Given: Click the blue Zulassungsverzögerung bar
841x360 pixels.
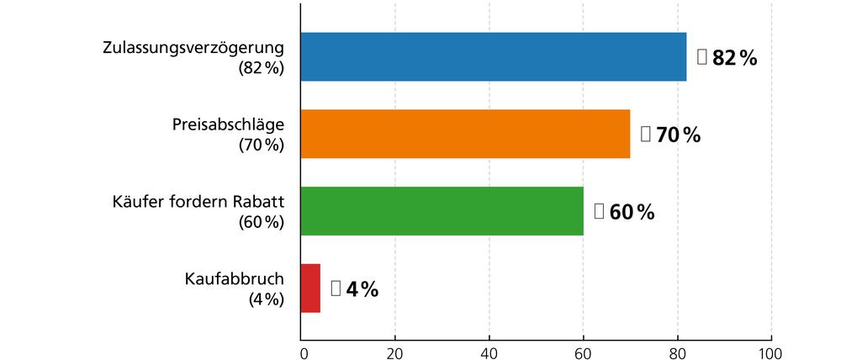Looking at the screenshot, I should [494, 56].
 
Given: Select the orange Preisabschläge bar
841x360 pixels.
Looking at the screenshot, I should [465, 134].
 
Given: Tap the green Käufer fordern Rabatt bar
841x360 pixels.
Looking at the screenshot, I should [442, 211].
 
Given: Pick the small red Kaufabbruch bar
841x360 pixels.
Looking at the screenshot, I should [310, 289].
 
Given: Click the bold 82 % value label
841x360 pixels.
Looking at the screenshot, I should [734, 58].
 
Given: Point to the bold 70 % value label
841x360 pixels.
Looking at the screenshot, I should [678, 135].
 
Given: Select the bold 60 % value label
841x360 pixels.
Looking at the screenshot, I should [631, 212].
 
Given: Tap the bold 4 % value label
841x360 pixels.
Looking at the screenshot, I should [362, 289].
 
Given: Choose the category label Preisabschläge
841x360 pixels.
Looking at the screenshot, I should [228, 124].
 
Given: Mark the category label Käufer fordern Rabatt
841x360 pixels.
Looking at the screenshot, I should [198, 202].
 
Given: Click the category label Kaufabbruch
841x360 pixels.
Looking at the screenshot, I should [234, 279].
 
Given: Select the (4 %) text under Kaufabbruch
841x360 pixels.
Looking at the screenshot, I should [267, 300].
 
